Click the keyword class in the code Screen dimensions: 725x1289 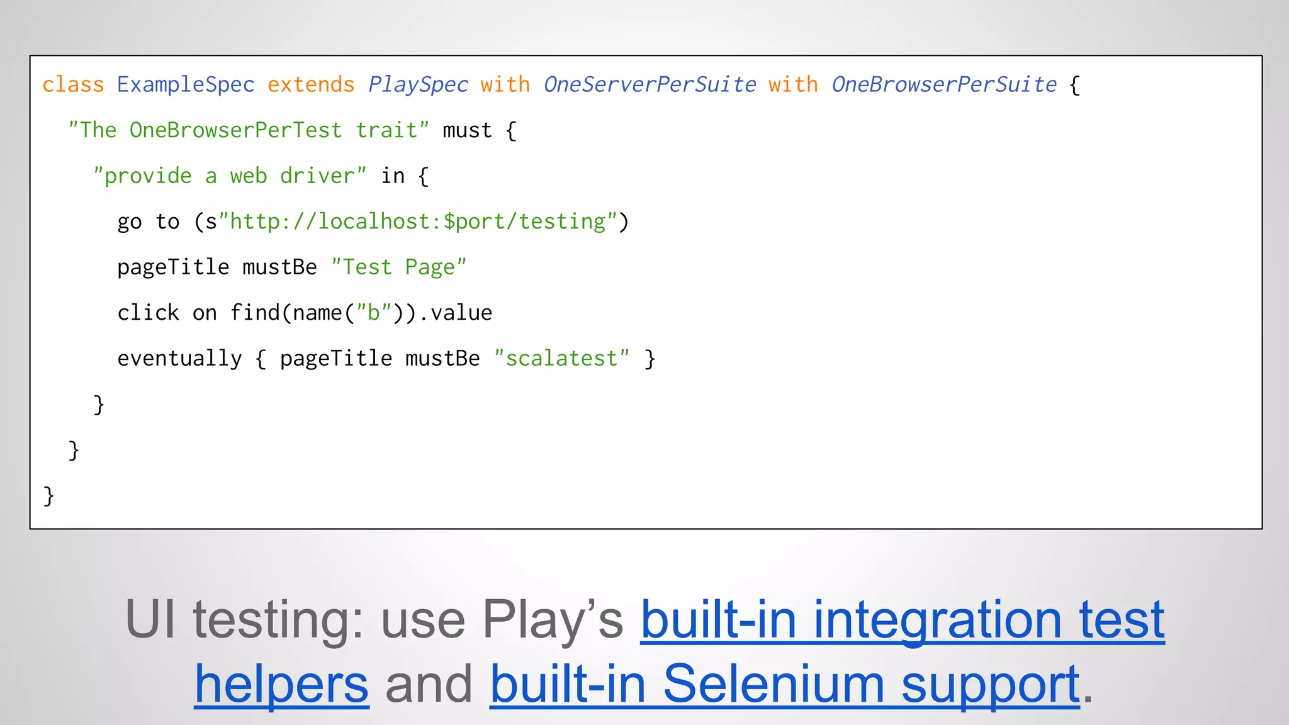point(73,84)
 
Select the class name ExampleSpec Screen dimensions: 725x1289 point(186,84)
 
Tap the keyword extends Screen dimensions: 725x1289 point(311,84)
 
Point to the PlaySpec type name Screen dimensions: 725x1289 point(418,84)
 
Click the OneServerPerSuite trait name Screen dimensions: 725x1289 point(650,84)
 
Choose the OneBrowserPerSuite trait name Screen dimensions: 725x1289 point(944,84)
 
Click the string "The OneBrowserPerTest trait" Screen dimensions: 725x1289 point(249,130)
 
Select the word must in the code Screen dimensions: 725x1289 point(467,130)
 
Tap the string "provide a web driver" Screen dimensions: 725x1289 point(230,176)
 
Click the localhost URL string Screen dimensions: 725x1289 point(417,222)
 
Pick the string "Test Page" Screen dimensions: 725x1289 point(398,267)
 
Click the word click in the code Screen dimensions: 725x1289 point(149,313)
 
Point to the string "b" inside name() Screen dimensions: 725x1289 point(374,313)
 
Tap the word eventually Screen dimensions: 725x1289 point(179,359)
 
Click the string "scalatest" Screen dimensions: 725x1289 point(561,359)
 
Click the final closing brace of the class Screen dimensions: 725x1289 point(48,496)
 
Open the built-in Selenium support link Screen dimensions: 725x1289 point(784,685)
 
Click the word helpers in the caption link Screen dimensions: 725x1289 point(281,685)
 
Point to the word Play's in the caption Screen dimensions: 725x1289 point(552,621)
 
